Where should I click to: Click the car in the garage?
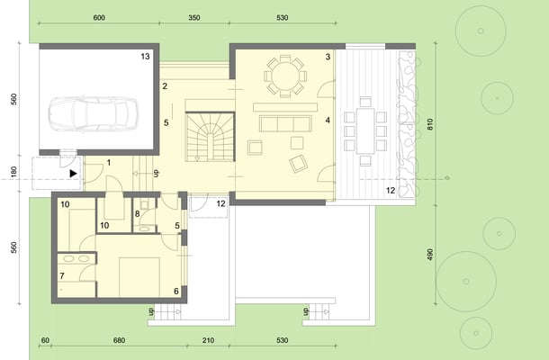click(x=93, y=114)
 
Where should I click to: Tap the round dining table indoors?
click(x=285, y=76)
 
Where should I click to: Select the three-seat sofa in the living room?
click(x=285, y=124)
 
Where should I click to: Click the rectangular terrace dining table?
click(x=365, y=131)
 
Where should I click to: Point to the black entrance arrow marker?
click(x=73, y=174)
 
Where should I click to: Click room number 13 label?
click(x=145, y=56)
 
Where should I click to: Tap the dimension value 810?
click(x=430, y=124)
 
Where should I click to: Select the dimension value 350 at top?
click(x=194, y=17)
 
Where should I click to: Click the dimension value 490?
click(x=430, y=254)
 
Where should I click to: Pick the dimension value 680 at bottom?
click(x=119, y=340)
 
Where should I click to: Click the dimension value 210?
click(x=208, y=340)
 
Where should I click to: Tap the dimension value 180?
click(x=13, y=172)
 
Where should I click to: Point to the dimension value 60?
click(x=45, y=340)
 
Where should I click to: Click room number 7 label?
click(x=62, y=276)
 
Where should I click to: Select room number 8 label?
click(x=137, y=213)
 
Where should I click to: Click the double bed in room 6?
click(x=139, y=277)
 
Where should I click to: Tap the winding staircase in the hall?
click(x=210, y=137)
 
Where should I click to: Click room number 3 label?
click(x=328, y=57)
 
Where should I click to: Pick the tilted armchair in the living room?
click(x=298, y=164)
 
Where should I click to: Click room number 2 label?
click(x=165, y=86)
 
